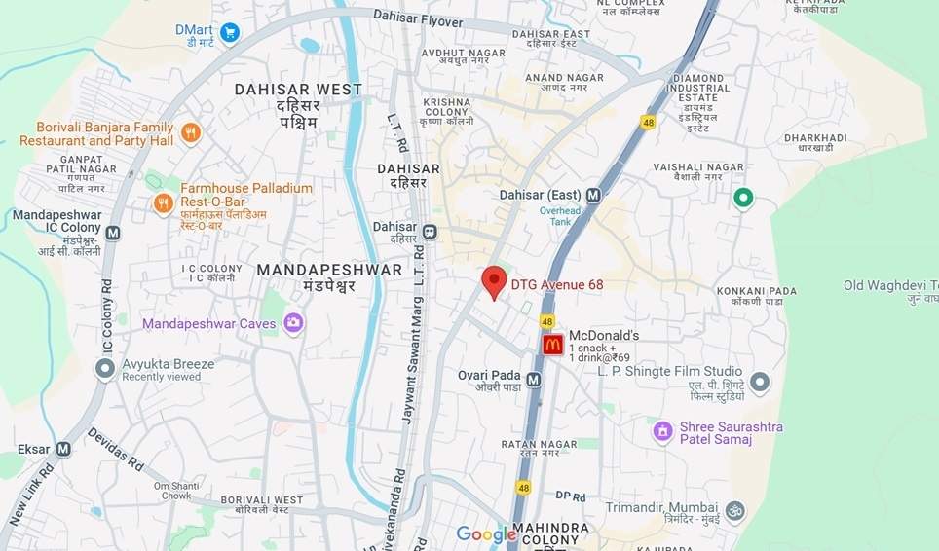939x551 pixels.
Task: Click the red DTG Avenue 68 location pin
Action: pyautogui.click(x=494, y=281)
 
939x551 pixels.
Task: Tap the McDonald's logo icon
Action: pyautogui.click(x=553, y=345)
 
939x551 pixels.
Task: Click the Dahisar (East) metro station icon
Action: pyautogui.click(x=593, y=195)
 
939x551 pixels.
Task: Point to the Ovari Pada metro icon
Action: pyautogui.click(x=534, y=380)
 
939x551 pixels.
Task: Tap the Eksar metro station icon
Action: pyautogui.click(x=63, y=449)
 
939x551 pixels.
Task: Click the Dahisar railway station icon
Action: pyautogui.click(x=429, y=232)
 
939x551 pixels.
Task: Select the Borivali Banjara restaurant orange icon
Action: pyautogui.click(x=191, y=133)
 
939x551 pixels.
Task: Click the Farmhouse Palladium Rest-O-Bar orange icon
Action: pyautogui.click(x=164, y=202)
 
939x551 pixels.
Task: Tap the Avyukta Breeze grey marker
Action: pyautogui.click(x=105, y=369)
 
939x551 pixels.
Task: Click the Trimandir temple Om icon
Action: pyautogui.click(x=734, y=510)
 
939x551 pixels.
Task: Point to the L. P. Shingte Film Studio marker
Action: pyautogui.click(x=760, y=381)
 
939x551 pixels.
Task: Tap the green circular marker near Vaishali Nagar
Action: pyautogui.click(x=743, y=199)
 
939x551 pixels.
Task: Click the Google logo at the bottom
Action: pyautogui.click(x=486, y=534)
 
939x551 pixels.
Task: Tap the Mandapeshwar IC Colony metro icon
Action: pyautogui.click(x=113, y=234)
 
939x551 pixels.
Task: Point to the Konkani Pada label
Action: pyautogui.click(x=757, y=291)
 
